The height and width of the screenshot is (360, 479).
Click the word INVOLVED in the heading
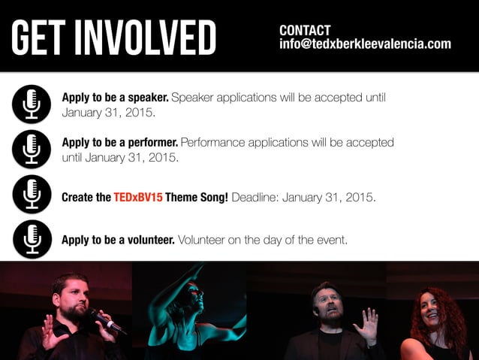coord(151,37)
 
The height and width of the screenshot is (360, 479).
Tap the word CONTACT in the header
coord(305,31)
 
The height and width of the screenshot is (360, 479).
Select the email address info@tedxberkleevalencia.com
coord(365,44)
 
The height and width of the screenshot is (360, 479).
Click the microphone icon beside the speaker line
coord(32,104)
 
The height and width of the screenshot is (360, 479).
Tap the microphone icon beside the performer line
coord(32,149)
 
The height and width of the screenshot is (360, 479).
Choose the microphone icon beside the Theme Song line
coord(32,195)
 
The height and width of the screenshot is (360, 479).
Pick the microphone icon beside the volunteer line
coord(32,240)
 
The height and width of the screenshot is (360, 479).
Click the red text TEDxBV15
coord(138,198)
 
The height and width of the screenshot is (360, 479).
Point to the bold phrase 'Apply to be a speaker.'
coord(116,98)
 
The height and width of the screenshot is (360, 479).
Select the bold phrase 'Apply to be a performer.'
coord(120,142)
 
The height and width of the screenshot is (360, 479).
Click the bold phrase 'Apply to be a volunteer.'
coord(119,240)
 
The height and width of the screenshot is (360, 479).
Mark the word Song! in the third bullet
coord(214,198)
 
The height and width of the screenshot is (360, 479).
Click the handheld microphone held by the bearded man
coord(104,321)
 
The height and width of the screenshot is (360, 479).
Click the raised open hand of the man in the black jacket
coord(367,325)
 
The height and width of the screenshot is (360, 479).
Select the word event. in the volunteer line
coord(332,240)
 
